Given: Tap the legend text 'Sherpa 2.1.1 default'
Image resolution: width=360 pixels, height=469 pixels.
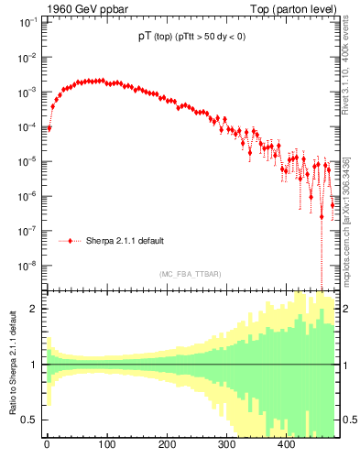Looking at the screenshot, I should (125, 241).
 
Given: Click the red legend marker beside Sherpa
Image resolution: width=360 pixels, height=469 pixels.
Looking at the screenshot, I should (70, 241).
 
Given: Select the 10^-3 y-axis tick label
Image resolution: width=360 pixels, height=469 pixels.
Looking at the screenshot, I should (27, 93).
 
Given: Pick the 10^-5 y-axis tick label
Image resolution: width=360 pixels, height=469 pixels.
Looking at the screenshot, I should (27, 162).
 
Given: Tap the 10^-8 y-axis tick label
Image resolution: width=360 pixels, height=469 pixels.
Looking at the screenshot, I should (27, 267).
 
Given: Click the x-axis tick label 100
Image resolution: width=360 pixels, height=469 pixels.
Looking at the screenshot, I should (106, 445).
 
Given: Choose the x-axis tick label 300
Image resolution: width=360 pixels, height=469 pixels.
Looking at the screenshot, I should (226, 445).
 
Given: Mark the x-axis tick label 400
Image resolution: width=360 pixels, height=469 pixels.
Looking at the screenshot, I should (286, 445).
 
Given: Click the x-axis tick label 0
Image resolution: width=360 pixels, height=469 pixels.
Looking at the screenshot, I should (47, 445).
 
